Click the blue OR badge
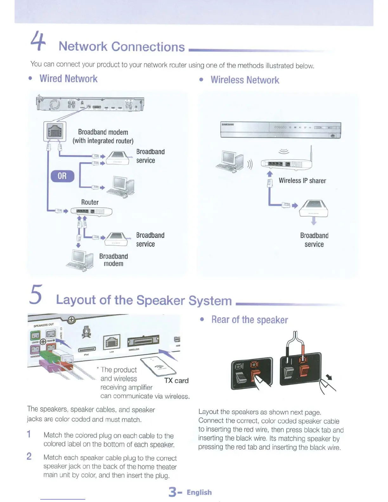pos(62,176)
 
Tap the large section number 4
pos(38,41)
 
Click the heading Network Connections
pos(121,47)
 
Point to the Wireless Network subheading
pos(245,80)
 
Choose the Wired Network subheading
pos(68,79)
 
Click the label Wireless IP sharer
pos(302,181)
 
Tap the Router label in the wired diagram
pos(90,202)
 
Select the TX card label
pos(176,381)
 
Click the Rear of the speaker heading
pos(249,320)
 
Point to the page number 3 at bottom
pos(172,492)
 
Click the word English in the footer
pos(199,492)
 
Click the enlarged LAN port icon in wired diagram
pos(55,131)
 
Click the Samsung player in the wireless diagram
pos(281,130)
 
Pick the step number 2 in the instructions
pos(29,456)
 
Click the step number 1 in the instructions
pos(29,434)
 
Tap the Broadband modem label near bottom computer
pos(113,260)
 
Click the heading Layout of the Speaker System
pos(144,300)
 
